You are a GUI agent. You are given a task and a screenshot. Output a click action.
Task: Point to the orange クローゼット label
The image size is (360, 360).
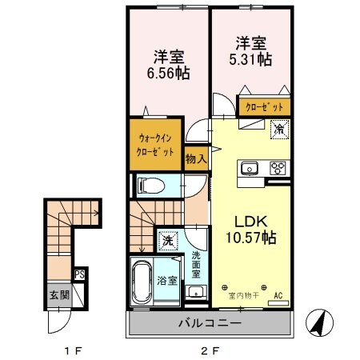tap(264, 106)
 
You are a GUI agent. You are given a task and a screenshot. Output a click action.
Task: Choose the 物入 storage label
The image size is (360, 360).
tap(196, 158)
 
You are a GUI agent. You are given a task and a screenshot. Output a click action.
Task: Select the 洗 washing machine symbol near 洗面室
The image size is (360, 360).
tap(167, 239)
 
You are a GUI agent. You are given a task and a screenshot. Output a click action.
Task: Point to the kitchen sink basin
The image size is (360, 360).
tap(249, 168)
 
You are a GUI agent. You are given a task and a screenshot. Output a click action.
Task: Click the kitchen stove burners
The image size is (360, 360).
tap(278, 168)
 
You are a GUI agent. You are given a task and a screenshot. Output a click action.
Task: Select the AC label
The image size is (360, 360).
tap(279, 296)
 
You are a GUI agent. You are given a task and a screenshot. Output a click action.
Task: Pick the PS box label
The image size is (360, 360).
tap(79, 274)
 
